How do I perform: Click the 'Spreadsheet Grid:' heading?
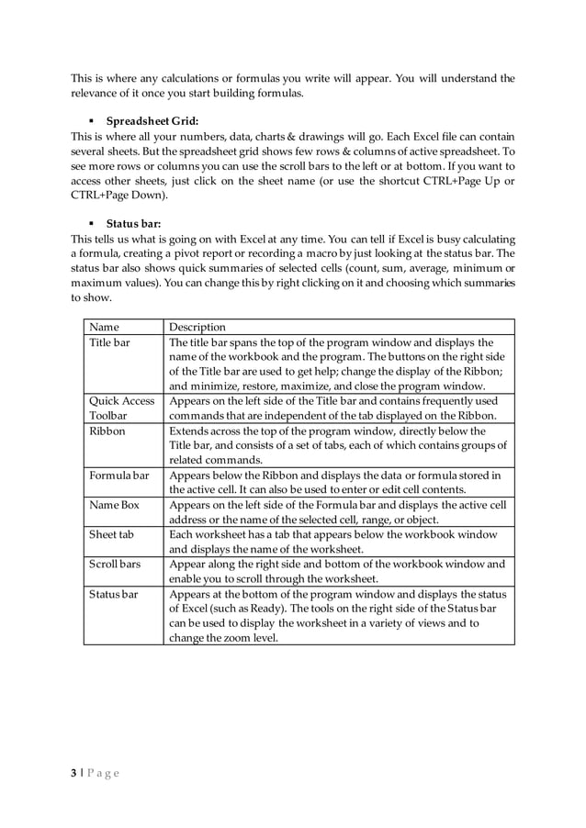tap(152, 120)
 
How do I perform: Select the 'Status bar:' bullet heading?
tap(135, 223)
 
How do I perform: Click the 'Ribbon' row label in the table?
tap(107, 431)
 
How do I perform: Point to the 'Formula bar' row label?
tap(118, 475)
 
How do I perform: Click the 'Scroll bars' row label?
tap(115, 564)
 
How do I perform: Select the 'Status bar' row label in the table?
tap(114, 594)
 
